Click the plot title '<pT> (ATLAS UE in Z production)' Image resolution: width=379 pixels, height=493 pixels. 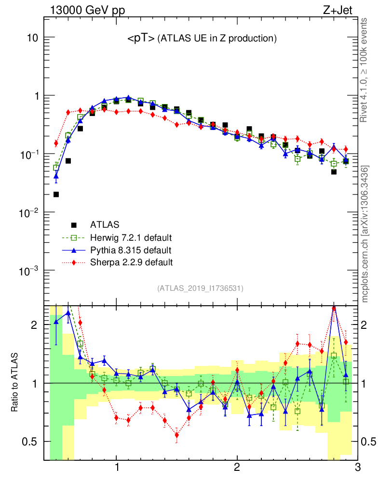click(x=202, y=39)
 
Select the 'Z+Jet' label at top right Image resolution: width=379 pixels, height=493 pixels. click(x=343, y=10)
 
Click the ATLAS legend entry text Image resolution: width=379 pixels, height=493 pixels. click(x=105, y=224)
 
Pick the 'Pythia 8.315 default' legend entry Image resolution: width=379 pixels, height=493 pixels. click(x=131, y=250)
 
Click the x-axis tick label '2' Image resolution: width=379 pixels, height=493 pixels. click(x=237, y=467)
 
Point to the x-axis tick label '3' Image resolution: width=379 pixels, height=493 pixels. click(x=357, y=467)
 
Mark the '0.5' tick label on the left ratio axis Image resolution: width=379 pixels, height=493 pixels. click(x=29, y=441)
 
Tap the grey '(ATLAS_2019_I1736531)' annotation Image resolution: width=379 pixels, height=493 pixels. click(x=200, y=288)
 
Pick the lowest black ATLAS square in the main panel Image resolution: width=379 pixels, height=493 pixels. click(x=56, y=195)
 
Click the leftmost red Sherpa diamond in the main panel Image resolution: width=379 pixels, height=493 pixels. click(x=56, y=143)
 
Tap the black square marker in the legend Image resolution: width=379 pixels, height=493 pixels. click(x=74, y=224)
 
